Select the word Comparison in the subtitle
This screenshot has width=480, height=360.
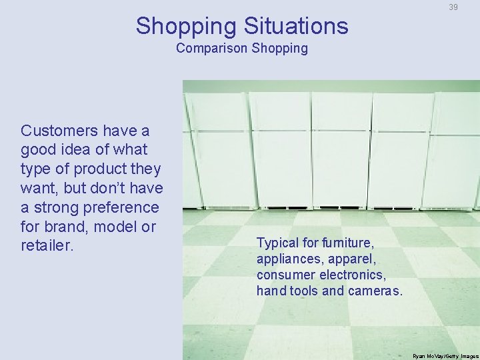211,49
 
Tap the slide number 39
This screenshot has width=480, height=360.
453,7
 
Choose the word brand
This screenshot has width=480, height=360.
66,226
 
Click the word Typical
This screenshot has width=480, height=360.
277,242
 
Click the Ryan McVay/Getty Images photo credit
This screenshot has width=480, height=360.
444,356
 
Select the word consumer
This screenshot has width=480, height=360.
281,274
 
